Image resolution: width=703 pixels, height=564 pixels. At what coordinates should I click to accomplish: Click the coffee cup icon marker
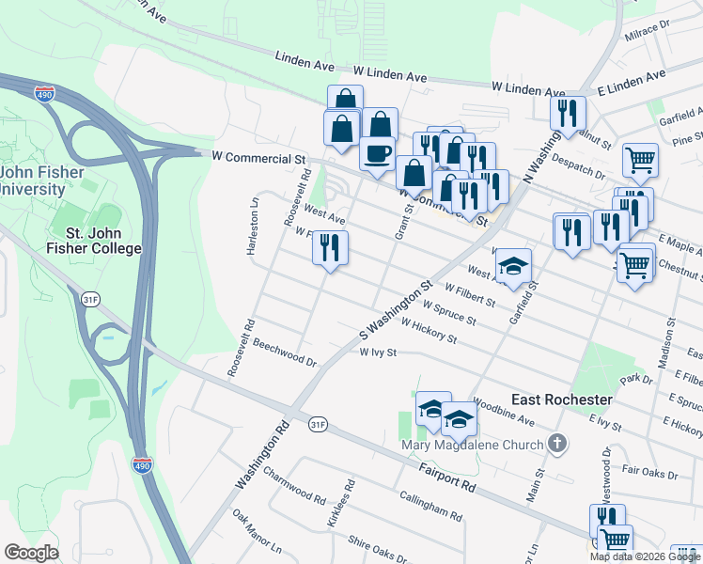[377, 154]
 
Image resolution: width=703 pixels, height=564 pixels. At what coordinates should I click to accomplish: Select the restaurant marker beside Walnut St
[569, 114]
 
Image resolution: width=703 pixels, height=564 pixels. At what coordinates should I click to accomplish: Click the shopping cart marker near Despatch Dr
[640, 160]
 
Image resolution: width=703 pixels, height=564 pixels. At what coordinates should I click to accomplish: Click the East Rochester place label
[562, 399]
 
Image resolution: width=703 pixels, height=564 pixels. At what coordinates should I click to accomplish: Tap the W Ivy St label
[380, 353]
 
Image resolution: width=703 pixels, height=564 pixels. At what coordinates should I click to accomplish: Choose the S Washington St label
[395, 309]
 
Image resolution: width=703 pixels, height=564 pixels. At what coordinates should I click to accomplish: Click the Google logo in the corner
[31, 552]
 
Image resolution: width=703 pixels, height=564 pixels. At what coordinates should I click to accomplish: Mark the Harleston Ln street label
[253, 223]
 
